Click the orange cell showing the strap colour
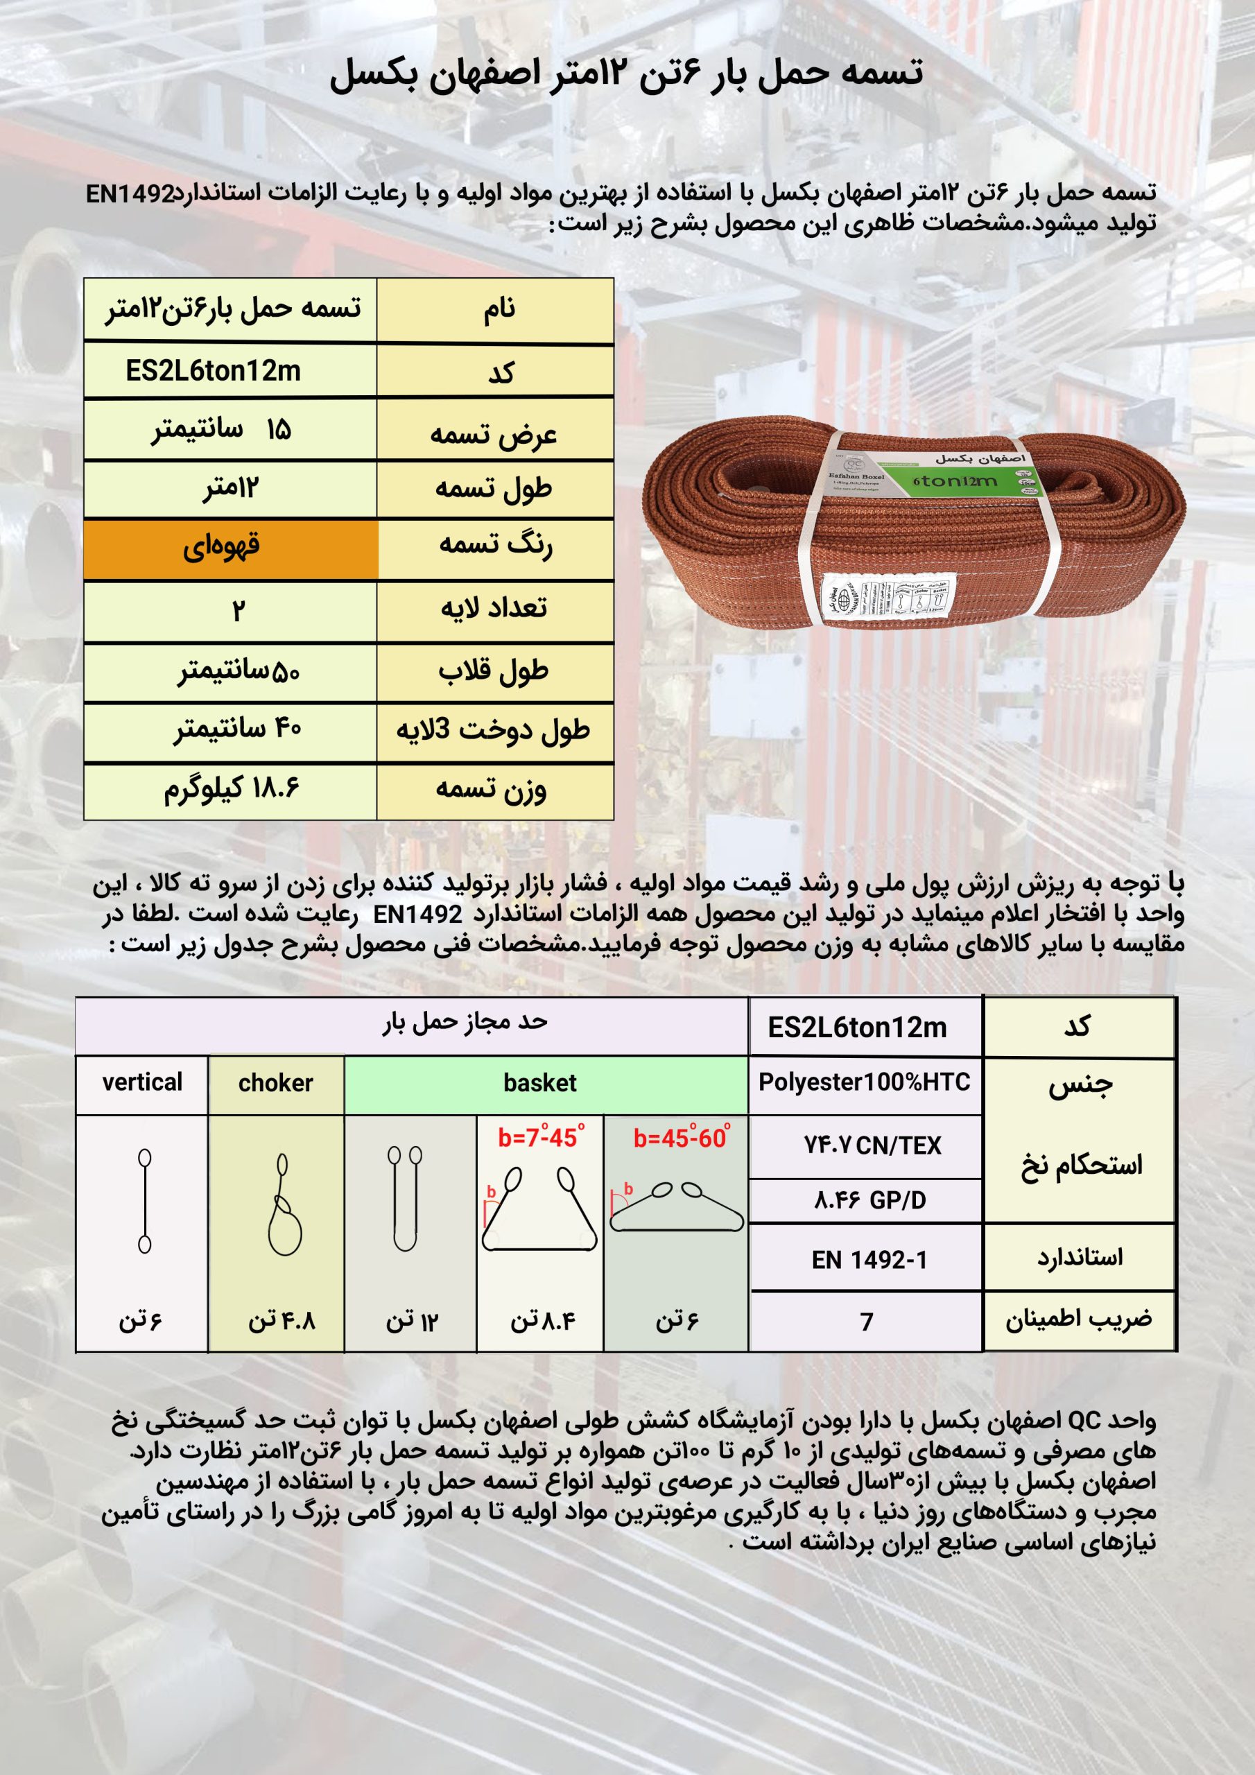(x=230, y=549)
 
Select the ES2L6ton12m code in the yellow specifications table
(x=213, y=372)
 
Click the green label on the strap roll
(x=967, y=478)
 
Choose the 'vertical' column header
(x=142, y=1082)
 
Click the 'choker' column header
(x=275, y=1083)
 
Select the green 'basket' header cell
(x=539, y=1083)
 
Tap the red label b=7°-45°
(x=541, y=1137)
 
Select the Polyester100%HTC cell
(x=864, y=1082)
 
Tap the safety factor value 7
(x=867, y=1322)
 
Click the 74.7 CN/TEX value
(x=872, y=1145)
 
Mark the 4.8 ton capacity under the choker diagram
(x=282, y=1320)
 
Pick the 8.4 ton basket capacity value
(x=542, y=1320)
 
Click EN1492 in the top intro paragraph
(x=130, y=193)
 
